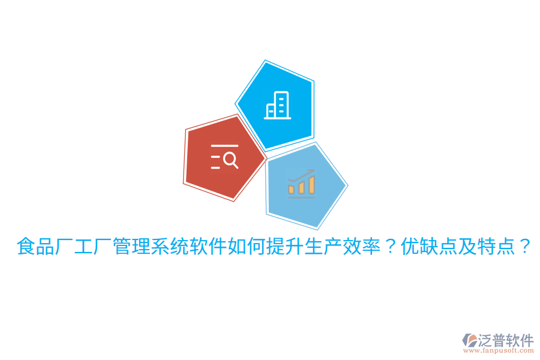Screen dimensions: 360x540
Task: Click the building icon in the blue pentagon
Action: pyautogui.click(x=277, y=106)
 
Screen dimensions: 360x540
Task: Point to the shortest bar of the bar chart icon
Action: pyautogui.click(x=292, y=190)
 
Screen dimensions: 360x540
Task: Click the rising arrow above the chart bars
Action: pyautogui.click(x=302, y=175)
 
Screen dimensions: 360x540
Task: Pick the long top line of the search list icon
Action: pyautogui.click(x=224, y=146)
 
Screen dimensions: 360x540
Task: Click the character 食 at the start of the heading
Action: pyautogui.click(x=26, y=246)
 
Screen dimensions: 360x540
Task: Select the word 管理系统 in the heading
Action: pyautogui.click(x=141, y=246)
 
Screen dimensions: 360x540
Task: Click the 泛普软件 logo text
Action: pyautogui.click(x=506, y=340)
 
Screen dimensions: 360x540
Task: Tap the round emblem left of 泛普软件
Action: pyautogui.click(x=470, y=341)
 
